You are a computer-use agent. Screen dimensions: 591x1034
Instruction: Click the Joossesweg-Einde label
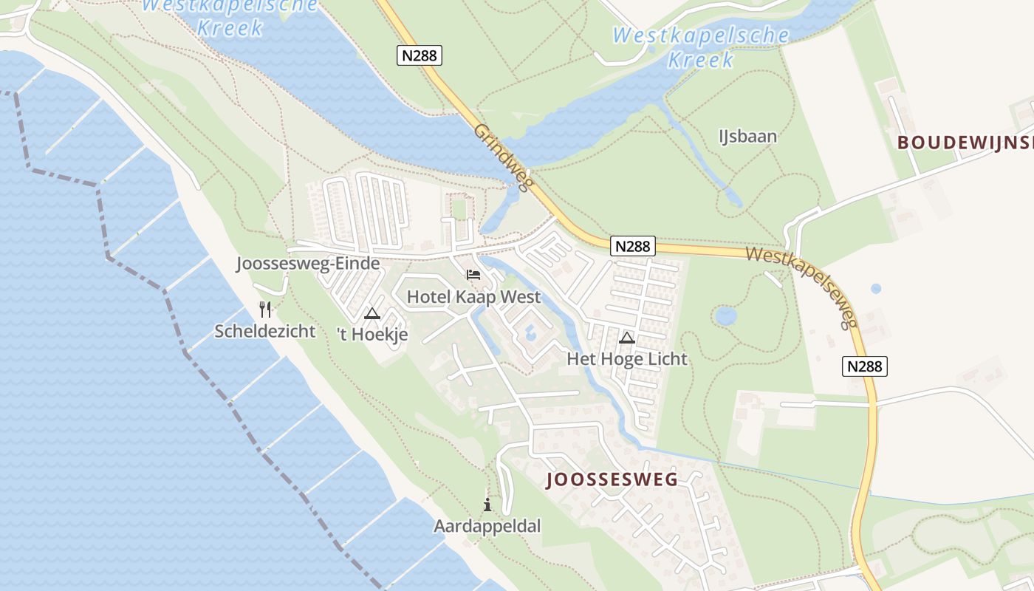[308, 264]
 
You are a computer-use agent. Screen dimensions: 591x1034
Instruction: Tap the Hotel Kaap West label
[473, 297]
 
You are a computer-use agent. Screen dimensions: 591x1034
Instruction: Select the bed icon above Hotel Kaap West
[473, 275]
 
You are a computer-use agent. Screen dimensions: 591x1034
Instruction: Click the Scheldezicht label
[264, 331]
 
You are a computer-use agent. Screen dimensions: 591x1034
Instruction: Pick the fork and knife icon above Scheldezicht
[265, 309]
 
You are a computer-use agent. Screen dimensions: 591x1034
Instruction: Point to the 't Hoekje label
[372, 335]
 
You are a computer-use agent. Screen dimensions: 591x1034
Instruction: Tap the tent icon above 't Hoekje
[372, 313]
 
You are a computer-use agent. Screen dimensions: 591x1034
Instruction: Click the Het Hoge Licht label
[627, 359]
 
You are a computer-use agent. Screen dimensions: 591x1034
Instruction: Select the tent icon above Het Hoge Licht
[627, 338]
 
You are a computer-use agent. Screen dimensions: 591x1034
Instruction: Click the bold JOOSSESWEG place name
[612, 480]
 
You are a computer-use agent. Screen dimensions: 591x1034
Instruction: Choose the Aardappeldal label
[487, 526]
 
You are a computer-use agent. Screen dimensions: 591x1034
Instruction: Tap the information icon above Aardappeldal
[487, 505]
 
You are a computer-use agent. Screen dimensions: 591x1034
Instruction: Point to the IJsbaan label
[747, 136]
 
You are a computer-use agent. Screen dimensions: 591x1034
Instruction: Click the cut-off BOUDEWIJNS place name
[965, 143]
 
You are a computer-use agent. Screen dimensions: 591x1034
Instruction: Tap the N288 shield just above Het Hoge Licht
[633, 246]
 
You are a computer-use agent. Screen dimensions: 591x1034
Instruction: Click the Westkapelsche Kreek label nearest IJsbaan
[700, 47]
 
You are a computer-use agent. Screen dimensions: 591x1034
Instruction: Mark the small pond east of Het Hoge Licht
[726, 316]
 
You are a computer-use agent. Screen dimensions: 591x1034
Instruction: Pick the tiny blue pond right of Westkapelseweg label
[876, 289]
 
